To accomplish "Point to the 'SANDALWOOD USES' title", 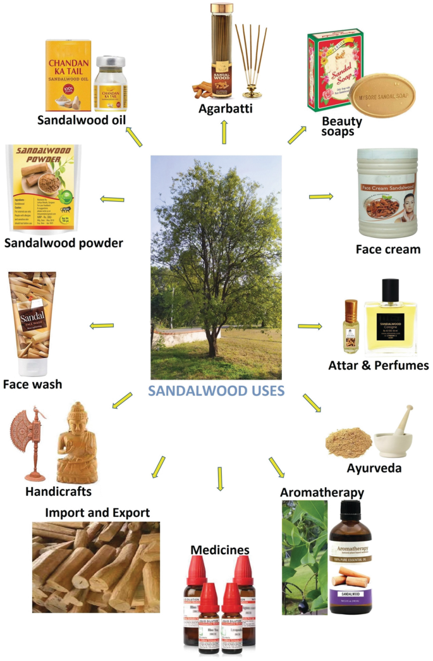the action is point(216,390).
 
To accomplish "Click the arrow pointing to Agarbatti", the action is point(223,131).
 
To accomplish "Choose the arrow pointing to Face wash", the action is point(102,326).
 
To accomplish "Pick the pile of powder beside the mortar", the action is point(348,442).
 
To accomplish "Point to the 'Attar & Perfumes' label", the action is point(379,366).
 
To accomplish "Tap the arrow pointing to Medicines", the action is point(220,479).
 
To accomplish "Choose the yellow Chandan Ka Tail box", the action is point(68,75).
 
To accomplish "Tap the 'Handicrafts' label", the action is point(59,491).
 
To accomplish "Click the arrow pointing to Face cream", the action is point(320,197).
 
